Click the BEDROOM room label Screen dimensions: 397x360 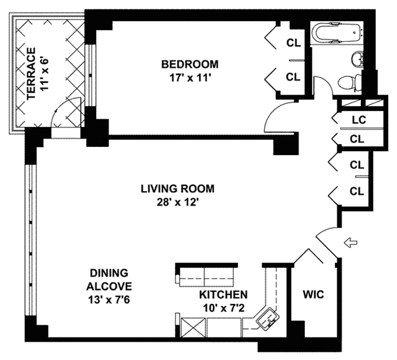click(x=190, y=64)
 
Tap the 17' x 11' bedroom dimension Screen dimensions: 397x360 click(x=190, y=78)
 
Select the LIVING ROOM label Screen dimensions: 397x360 click(x=177, y=189)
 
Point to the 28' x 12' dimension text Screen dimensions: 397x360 click(x=177, y=202)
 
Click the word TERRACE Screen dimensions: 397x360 click(x=31, y=73)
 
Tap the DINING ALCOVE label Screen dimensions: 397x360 click(x=109, y=280)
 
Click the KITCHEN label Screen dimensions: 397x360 click(x=223, y=294)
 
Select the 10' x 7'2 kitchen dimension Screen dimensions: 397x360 click(x=223, y=308)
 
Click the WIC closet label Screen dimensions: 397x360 click(x=314, y=294)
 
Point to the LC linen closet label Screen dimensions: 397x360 click(x=359, y=120)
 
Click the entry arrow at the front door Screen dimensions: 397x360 click(x=350, y=243)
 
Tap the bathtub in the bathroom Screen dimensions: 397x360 click(x=337, y=33)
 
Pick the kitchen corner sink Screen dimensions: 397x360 click(x=268, y=318)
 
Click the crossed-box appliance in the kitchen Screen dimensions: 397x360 click(x=193, y=328)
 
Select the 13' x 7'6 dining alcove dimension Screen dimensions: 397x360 click(x=109, y=300)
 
